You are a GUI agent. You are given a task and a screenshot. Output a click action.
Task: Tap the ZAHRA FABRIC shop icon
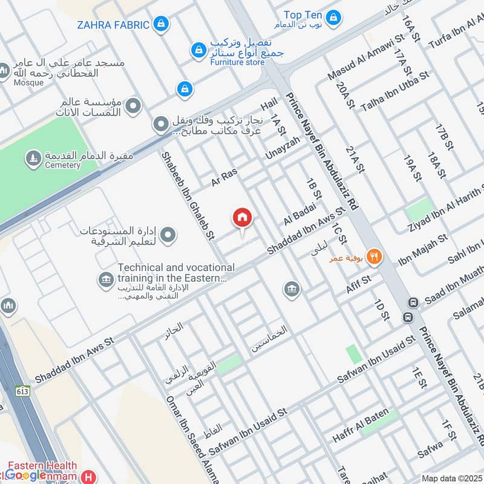(160, 24)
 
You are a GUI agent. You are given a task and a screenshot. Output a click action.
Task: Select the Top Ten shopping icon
(333, 19)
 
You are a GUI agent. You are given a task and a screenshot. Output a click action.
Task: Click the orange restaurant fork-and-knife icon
(375, 257)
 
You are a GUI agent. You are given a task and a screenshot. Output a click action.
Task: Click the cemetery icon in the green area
(31, 159)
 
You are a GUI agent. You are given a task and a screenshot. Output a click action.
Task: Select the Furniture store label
(238, 62)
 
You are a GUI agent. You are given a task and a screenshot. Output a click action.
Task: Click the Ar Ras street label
(223, 177)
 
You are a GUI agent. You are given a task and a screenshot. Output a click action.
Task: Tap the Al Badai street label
(297, 214)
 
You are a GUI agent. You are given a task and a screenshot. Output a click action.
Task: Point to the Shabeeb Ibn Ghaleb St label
(188, 195)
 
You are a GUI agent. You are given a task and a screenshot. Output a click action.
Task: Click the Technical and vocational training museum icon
(106, 280)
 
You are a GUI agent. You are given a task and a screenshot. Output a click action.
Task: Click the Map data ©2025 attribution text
(451, 478)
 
